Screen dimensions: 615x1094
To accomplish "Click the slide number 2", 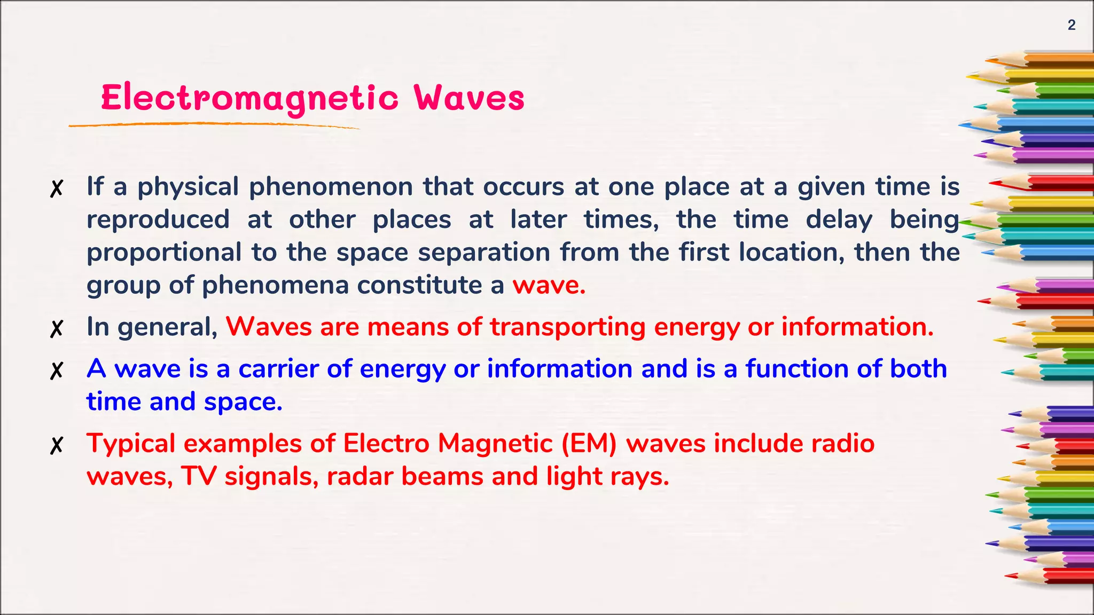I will coord(1071,25).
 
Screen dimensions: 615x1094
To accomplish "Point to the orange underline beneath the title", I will coord(214,124).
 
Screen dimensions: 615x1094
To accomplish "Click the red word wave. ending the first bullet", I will coord(549,285).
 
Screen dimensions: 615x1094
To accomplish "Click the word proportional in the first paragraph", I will coord(164,253).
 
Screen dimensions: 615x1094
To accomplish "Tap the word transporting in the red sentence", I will coord(568,327).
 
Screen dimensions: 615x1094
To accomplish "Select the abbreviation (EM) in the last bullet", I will coord(589,444).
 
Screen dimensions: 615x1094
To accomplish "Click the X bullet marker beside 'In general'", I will coord(57,328).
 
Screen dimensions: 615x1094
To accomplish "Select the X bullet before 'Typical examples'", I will coord(57,445).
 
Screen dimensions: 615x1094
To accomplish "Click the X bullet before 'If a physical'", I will coord(57,188).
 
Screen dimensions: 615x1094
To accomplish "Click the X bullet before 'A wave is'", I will coord(57,370).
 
